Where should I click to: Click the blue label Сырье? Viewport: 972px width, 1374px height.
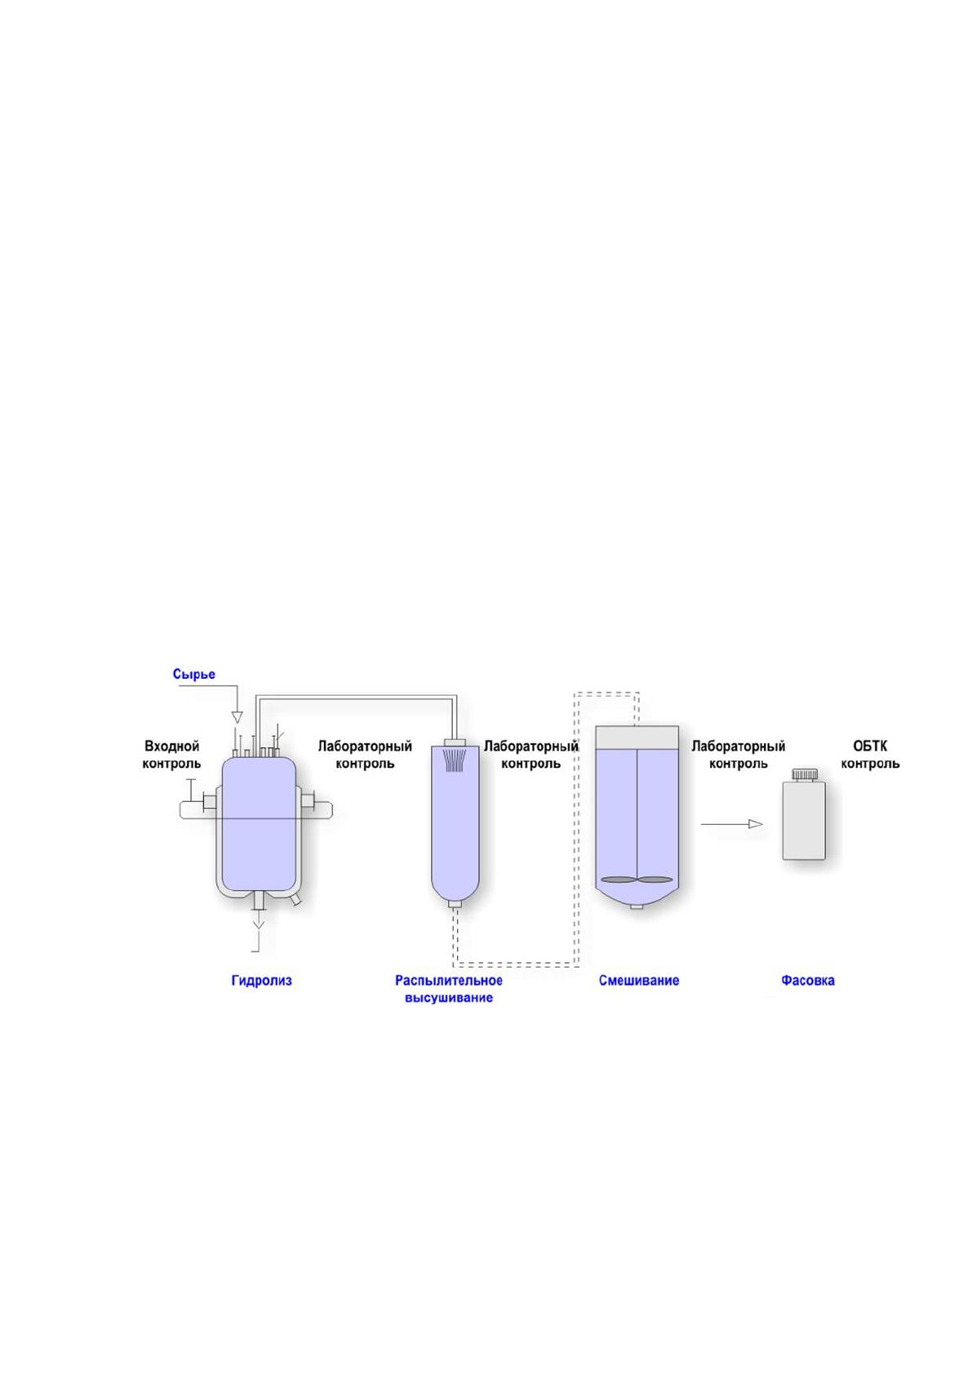(194, 674)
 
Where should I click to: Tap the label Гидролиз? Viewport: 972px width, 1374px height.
(261, 980)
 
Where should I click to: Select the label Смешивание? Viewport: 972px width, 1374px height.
(639, 980)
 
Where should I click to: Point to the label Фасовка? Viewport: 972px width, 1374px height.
(807, 980)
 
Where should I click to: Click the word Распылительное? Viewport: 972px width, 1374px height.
(449, 980)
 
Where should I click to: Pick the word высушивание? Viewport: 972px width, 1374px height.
(449, 998)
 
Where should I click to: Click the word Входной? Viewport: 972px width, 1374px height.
(172, 747)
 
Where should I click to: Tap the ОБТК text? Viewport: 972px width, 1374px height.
(870, 747)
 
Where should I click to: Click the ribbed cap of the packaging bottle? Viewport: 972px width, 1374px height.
(805, 774)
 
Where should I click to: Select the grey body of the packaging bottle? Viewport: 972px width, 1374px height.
(804, 819)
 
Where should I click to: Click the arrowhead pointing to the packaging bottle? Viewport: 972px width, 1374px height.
(756, 824)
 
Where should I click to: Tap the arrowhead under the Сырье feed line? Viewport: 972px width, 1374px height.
(237, 716)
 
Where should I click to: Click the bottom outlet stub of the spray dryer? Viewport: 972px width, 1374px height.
(455, 904)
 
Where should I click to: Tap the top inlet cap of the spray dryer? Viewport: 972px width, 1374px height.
(455, 742)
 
